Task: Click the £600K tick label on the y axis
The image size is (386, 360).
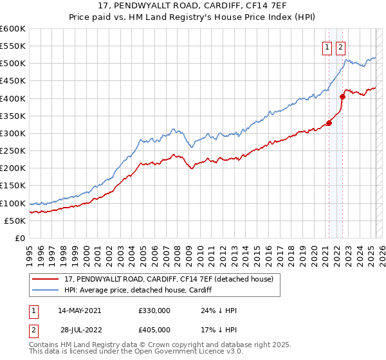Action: click(x=13, y=29)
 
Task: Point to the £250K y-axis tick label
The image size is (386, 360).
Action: click(x=13, y=150)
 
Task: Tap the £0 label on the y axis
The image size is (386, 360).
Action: click(x=21, y=238)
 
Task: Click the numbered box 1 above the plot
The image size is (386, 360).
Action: click(x=327, y=46)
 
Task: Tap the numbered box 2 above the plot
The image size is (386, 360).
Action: click(x=340, y=46)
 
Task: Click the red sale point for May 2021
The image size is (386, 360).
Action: click(x=329, y=123)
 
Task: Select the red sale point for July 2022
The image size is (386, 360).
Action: click(x=343, y=96)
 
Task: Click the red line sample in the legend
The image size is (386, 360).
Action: click(x=46, y=279)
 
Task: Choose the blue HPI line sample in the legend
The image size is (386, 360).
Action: click(x=46, y=290)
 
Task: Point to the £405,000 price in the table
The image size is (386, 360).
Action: click(x=154, y=330)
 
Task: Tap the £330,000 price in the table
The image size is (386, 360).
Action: click(x=154, y=310)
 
